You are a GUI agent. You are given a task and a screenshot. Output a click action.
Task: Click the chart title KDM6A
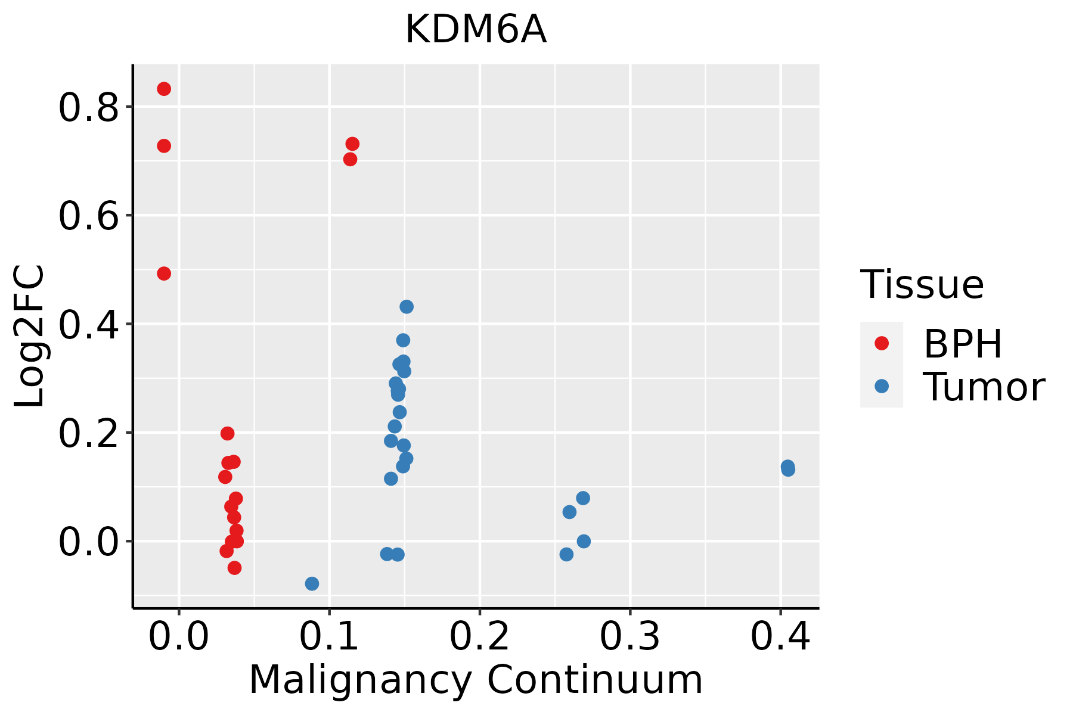(x=476, y=30)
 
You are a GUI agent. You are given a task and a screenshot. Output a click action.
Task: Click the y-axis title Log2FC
(x=30, y=336)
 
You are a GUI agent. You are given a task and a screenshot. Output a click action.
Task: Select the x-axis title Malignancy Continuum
(x=476, y=680)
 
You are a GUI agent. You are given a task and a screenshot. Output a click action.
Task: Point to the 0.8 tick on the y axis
(x=88, y=108)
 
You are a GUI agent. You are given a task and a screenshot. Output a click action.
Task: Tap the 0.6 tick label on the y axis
(x=88, y=216)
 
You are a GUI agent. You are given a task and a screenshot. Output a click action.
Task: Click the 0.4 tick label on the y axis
(x=88, y=325)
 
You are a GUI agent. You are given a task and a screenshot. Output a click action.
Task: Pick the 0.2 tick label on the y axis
(x=88, y=433)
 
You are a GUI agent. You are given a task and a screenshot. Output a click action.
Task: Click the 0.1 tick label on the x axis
(x=329, y=637)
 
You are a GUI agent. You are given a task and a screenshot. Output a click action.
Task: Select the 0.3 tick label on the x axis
(x=629, y=637)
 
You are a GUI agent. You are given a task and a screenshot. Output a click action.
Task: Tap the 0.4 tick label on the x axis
(x=780, y=637)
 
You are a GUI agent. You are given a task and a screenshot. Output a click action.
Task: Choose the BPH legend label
(x=963, y=344)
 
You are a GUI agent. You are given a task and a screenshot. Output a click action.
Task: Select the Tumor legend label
(x=984, y=387)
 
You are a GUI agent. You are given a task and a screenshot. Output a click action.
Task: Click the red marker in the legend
(x=881, y=343)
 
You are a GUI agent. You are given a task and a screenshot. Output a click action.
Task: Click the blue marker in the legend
(x=881, y=386)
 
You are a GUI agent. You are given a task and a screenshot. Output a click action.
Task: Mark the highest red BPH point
(x=164, y=89)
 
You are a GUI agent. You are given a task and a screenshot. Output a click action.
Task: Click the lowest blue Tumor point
(x=312, y=583)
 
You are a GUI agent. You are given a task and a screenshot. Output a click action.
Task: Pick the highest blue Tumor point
(x=407, y=307)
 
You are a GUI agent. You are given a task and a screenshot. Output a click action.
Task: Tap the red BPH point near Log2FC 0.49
(x=164, y=273)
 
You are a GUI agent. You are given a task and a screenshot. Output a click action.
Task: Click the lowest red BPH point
(x=234, y=568)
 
